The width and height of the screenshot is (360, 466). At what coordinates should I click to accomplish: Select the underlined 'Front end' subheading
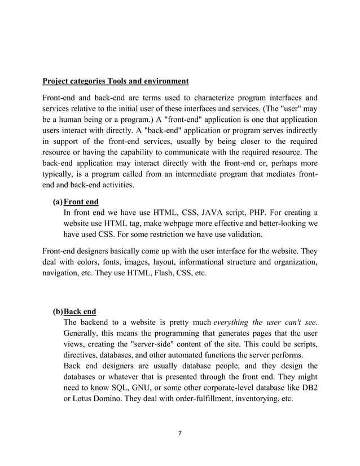pos(81,201)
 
